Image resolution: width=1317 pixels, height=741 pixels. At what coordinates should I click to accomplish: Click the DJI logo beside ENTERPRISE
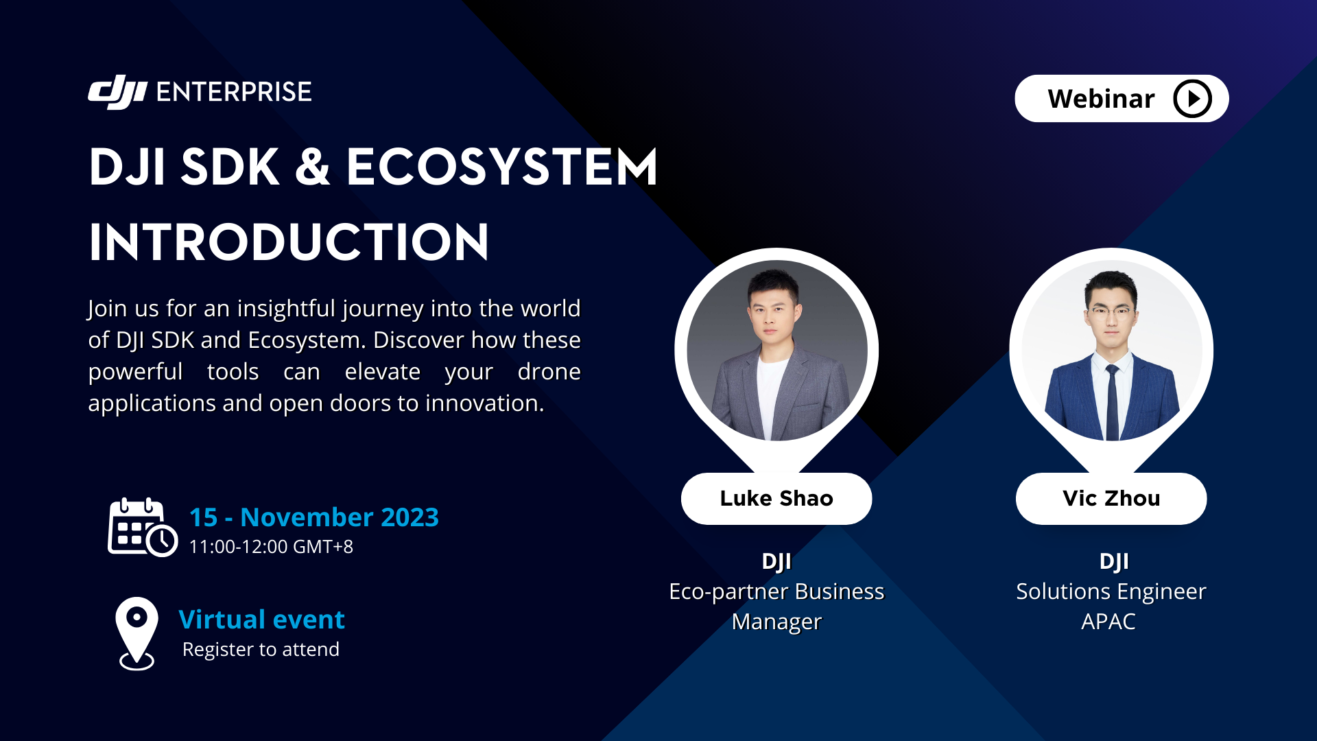coord(117,92)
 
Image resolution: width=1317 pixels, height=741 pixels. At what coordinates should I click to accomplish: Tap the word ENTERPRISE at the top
coord(234,92)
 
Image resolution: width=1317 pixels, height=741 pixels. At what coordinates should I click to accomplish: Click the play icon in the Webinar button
coord(1192,99)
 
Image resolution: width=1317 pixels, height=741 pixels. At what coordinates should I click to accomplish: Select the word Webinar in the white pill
coord(1101,99)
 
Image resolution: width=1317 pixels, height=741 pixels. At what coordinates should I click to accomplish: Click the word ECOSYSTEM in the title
coord(501,167)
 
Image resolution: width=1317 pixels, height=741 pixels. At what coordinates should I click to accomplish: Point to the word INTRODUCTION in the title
coord(289,242)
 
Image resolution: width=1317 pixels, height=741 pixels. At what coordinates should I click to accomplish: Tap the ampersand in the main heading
coord(313,167)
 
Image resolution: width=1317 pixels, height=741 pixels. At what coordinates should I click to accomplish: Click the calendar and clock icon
coord(142,528)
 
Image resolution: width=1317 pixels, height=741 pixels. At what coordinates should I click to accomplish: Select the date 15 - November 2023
coord(313,517)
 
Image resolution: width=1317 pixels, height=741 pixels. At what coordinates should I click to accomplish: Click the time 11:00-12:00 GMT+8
coord(271,547)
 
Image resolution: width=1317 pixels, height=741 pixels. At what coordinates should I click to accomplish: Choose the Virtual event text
coord(261,620)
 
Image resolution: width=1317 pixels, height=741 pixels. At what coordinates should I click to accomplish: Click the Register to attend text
coord(261,650)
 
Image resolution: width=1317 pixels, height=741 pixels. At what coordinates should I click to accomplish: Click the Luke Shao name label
coord(776,498)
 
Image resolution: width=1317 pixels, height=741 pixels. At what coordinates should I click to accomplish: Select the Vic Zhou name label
coord(1111,498)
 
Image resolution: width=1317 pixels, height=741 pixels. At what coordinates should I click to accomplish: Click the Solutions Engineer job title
coord(1111,591)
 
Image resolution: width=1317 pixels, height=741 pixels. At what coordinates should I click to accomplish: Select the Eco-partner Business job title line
coord(776,591)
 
